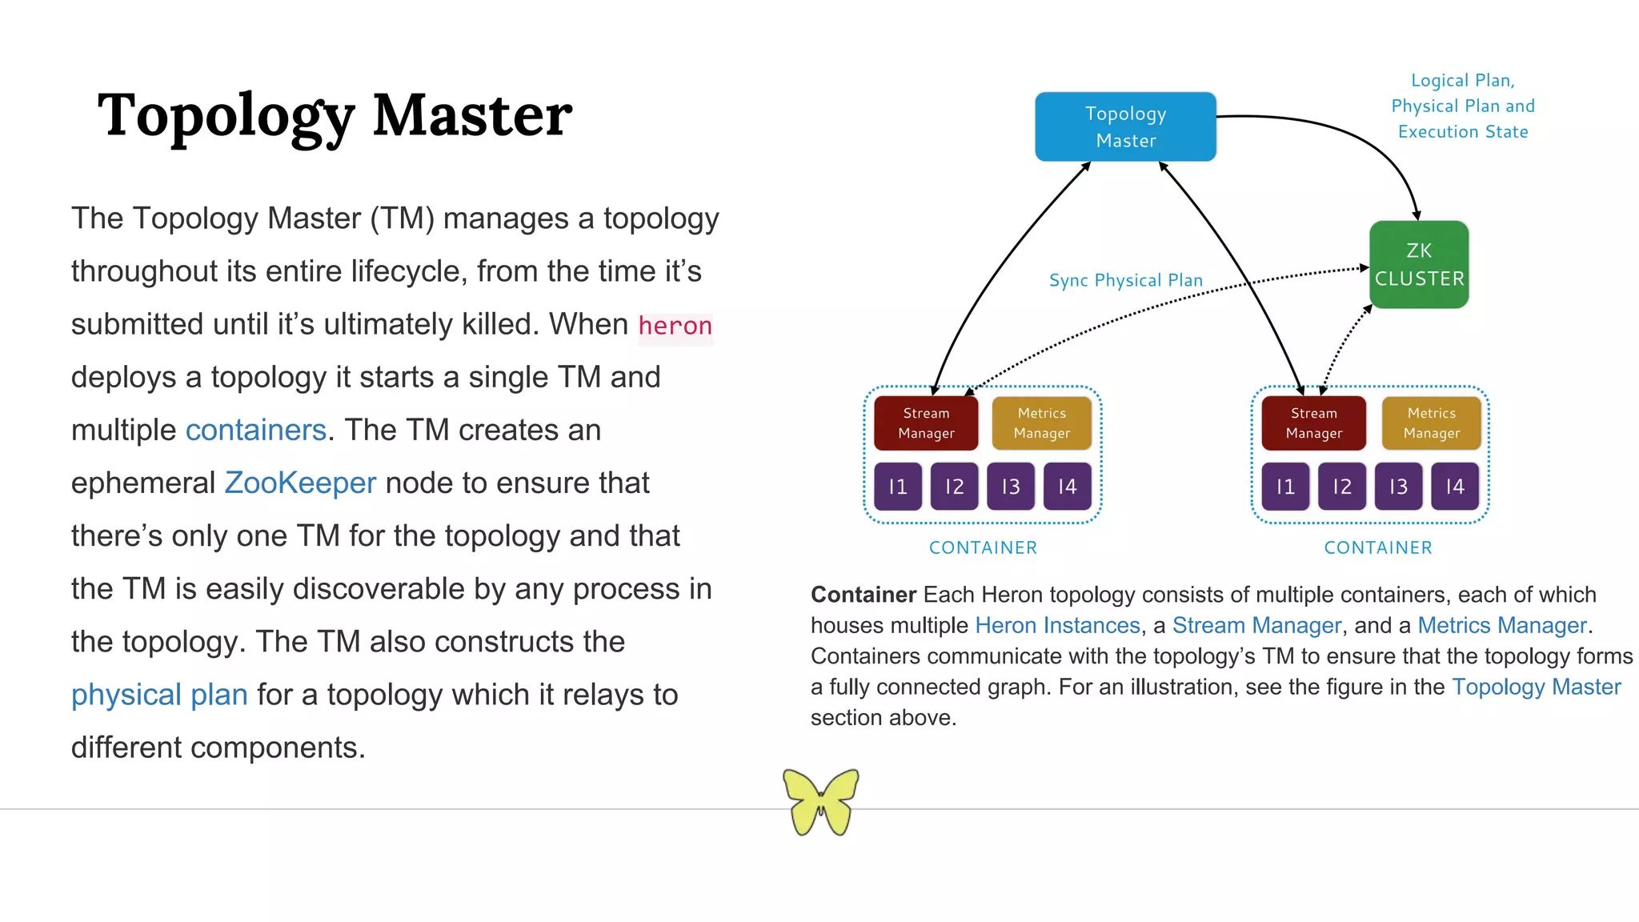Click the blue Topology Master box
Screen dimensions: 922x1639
pos(1125,126)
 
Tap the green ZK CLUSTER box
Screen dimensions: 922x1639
pos(1419,265)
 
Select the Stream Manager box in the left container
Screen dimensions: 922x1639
pos(926,423)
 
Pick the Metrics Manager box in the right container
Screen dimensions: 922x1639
pos(1431,423)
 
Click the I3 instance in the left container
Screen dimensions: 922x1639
pos(1011,487)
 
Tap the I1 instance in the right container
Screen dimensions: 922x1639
pos(1285,487)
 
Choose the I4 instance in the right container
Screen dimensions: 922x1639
pos(1454,487)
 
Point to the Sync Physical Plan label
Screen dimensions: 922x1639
pos(1125,280)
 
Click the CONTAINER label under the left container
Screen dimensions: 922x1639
pos(983,548)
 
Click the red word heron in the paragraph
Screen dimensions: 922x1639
pos(675,326)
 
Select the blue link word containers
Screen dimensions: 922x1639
pos(256,431)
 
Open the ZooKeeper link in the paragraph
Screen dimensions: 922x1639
pos(300,483)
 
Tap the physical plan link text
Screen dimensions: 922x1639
pos(159,695)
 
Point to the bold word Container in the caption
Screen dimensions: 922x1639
pos(863,595)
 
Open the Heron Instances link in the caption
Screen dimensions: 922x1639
pos(1057,625)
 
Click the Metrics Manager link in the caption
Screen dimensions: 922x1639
pos(1501,625)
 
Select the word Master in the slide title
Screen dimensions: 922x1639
pos(472,115)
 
